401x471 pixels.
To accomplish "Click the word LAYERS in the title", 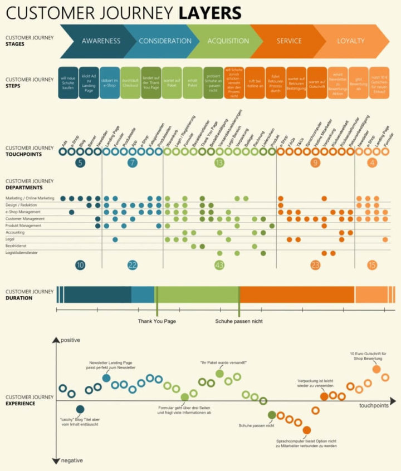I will pos(210,12).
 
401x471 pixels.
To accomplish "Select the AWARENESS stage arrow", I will pos(100,41).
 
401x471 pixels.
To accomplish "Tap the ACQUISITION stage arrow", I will pos(228,41).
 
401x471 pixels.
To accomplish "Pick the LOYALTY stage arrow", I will pos(350,41).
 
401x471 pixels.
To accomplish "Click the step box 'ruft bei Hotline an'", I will pos(255,83).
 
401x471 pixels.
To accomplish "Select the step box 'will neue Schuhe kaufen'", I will pos(68,83).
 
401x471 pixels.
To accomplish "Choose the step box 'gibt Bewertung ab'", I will pos(359,83).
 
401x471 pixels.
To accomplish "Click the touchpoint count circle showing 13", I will pos(219,163).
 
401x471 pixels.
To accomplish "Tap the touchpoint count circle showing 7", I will pos(132,163).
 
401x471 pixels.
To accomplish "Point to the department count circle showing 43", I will pos(219,266).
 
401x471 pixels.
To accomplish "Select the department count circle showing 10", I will pos(80,266).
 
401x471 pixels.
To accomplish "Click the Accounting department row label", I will pos(16,233).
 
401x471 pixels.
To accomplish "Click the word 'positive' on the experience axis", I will pos(71,340).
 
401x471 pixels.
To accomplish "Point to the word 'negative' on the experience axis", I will pos(72,460).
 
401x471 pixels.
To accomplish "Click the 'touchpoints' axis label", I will pos(374,405).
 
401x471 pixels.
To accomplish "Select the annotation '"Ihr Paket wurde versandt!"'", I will pos(223,363).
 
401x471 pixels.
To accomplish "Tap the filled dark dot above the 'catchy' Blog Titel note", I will pos(80,409).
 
